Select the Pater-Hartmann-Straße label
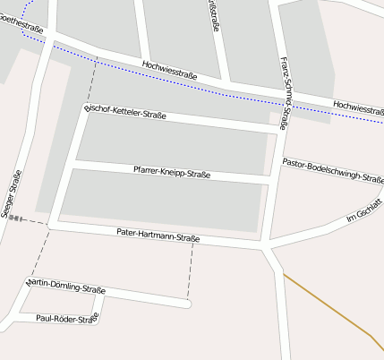pos(158,236)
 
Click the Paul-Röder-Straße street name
pos(65,318)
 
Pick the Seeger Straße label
pos(12,195)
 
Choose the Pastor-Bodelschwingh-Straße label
pos(333,171)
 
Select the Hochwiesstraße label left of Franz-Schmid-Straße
pos(169,70)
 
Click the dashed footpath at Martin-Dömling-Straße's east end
pos(190,273)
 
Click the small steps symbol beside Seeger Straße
pos(15,218)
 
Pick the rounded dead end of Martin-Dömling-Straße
pos(186,304)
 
